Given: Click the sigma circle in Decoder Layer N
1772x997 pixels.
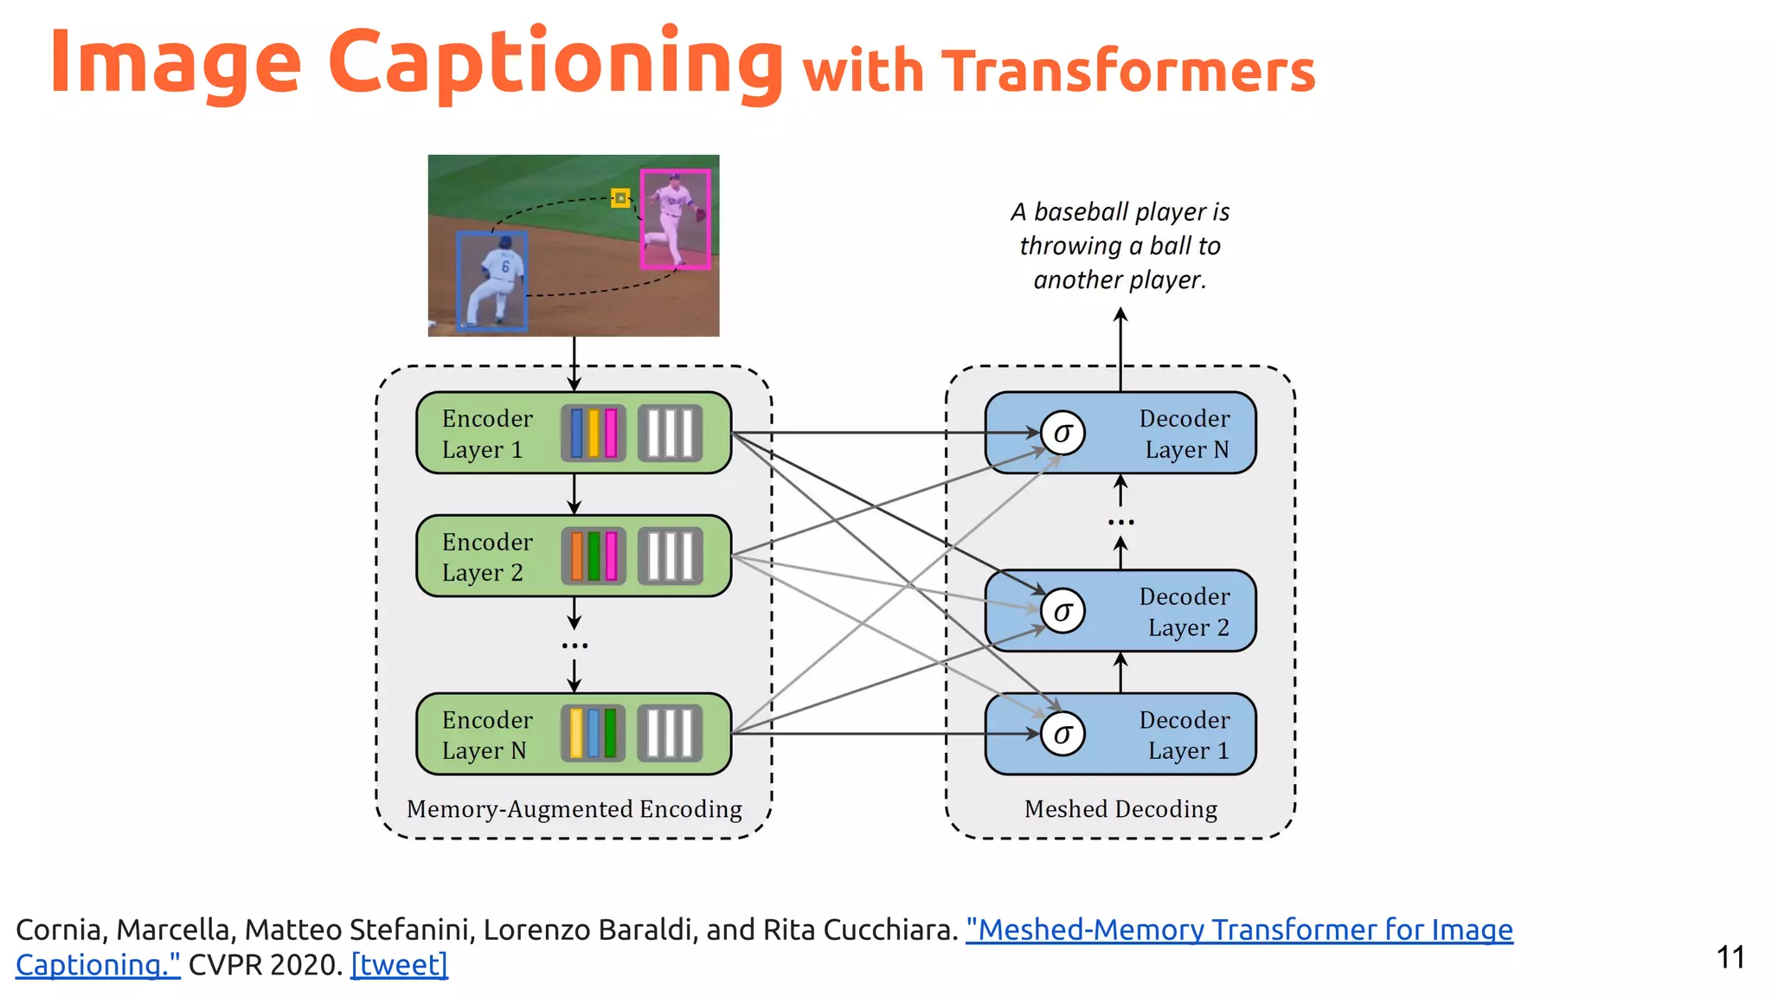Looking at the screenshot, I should pyautogui.click(x=1063, y=433).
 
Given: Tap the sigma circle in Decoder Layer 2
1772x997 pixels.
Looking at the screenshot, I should pyautogui.click(x=1063, y=611).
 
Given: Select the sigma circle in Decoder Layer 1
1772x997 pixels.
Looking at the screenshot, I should pyautogui.click(x=1063, y=734).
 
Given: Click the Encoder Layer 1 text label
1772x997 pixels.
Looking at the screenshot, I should pyautogui.click(x=486, y=434).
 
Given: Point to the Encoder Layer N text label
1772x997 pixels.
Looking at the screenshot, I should pyautogui.click(x=486, y=735).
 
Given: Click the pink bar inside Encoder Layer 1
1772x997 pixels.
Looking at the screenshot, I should pyautogui.click(x=611, y=433).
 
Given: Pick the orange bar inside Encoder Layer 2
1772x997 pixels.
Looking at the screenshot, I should pyautogui.click(x=576, y=556).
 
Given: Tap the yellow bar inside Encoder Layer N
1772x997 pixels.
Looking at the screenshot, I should pyautogui.click(x=576, y=734).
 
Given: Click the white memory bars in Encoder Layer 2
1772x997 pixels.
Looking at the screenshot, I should pyautogui.click(x=671, y=556).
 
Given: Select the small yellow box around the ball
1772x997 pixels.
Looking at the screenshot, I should pyautogui.click(x=620, y=198).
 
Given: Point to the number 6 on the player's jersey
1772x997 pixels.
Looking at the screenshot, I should pyautogui.click(x=505, y=267).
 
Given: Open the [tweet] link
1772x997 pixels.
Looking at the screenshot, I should pyautogui.click(x=399, y=964).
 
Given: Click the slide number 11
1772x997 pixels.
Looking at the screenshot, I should pyautogui.click(x=1730, y=957).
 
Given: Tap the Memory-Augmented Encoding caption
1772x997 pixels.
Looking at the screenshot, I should pyautogui.click(x=574, y=808).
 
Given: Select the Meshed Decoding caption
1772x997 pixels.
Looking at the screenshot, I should pyautogui.click(x=1120, y=808).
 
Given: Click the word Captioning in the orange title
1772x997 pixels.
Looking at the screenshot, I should pyautogui.click(x=555, y=62).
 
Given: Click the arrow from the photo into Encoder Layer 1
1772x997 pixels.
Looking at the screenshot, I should pyautogui.click(x=574, y=363).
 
